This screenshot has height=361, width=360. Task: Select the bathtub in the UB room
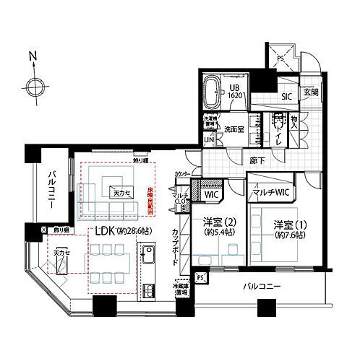[213, 90]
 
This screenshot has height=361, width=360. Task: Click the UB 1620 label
[236, 90]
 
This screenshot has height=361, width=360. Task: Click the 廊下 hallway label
[257, 160]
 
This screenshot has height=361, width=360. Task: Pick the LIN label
[209, 139]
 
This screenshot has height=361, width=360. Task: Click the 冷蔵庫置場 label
[179, 290]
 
